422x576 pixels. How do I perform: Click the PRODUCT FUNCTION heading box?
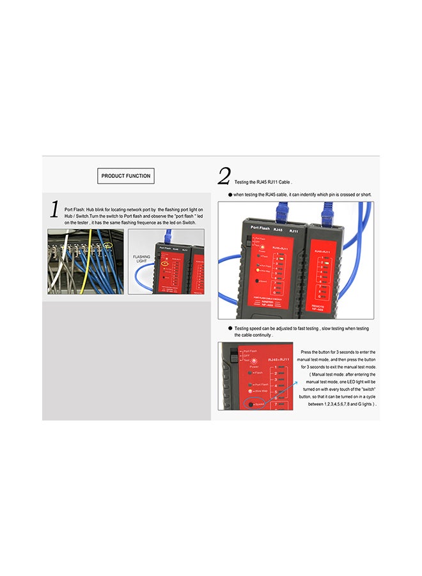click(126, 176)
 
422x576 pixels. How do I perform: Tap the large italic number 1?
click(54, 209)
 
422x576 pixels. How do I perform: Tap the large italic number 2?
click(224, 176)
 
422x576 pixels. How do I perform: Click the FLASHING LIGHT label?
click(142, 259)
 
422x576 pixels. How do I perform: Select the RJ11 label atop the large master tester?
click(293, 228)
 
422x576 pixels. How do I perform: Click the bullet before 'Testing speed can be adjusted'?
click(230, 328)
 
